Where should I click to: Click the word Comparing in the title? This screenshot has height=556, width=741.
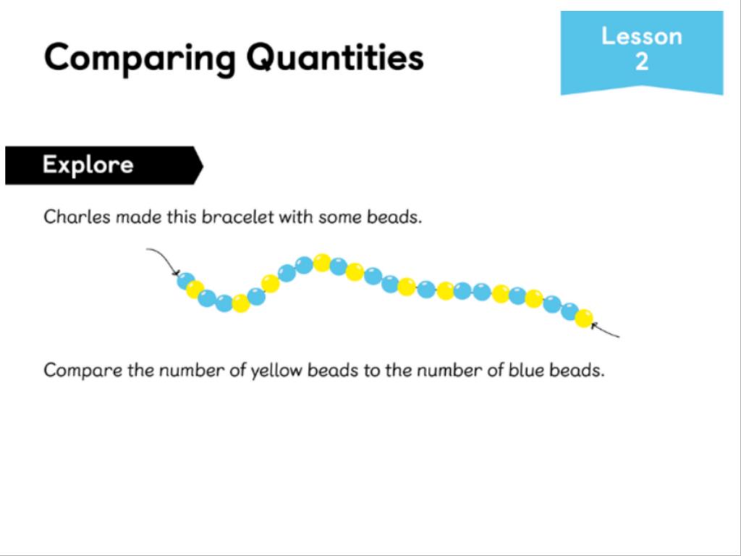(140, 59)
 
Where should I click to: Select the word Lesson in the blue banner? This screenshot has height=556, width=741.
(642, 36)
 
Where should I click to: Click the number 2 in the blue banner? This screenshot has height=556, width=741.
(642, 62)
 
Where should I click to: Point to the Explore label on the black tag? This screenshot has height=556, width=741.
(88, 165)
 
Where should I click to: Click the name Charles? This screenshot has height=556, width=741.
(77, 217)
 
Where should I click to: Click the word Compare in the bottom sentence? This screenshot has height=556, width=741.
(82, 370)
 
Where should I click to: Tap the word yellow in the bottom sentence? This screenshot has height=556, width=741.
(276, 370)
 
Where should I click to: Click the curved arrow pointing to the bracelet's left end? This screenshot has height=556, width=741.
(166, 258)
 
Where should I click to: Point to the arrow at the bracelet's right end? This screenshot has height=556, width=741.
(605, 330)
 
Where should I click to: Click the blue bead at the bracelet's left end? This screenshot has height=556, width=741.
(186, 281)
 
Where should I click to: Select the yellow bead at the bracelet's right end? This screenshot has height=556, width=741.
(584, 319)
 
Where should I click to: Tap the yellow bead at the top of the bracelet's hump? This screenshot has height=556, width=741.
(322, 263)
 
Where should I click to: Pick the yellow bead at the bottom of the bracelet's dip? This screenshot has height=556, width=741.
(240, 303)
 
